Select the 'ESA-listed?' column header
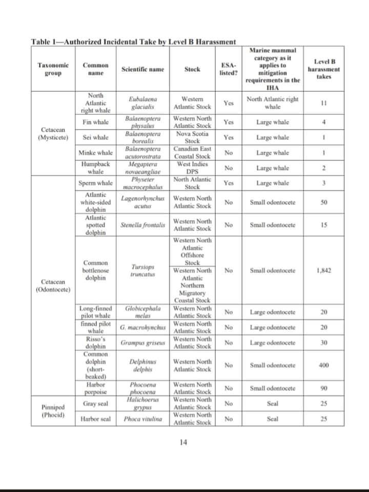(x=228, y=69)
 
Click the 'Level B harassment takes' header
(x=323, y=69)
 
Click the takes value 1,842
(x=323, y=270)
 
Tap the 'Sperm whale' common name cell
(x=95, y=183)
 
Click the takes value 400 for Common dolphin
(x=323, y=365)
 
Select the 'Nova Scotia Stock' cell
(x=192, y=137)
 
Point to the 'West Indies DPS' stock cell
(x=192, y=168)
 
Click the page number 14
(x=184, y=442)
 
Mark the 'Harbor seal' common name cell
(x=95, y=419)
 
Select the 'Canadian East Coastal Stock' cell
(x=192, y=152)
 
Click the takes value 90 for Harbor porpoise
(x=323, y=388)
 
